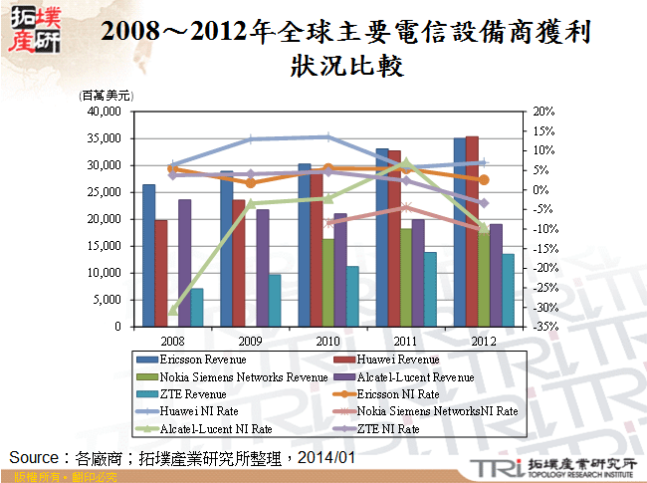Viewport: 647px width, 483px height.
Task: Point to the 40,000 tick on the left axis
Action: pyautogui.click(x=104, y=112)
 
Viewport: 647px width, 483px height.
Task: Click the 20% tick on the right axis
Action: pyautogui.click(x=541, y=112)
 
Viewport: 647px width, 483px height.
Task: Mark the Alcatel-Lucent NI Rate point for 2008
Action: pyautogui.click(x=172, y=311)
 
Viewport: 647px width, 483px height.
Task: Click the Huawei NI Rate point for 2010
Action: pyautogui.click(x=327, y=137)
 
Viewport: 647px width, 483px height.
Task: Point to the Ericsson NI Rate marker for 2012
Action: pyautogui.click(x=484, y=180)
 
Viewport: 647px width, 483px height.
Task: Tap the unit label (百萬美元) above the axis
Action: pyautogui.click(x=106, y=96)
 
